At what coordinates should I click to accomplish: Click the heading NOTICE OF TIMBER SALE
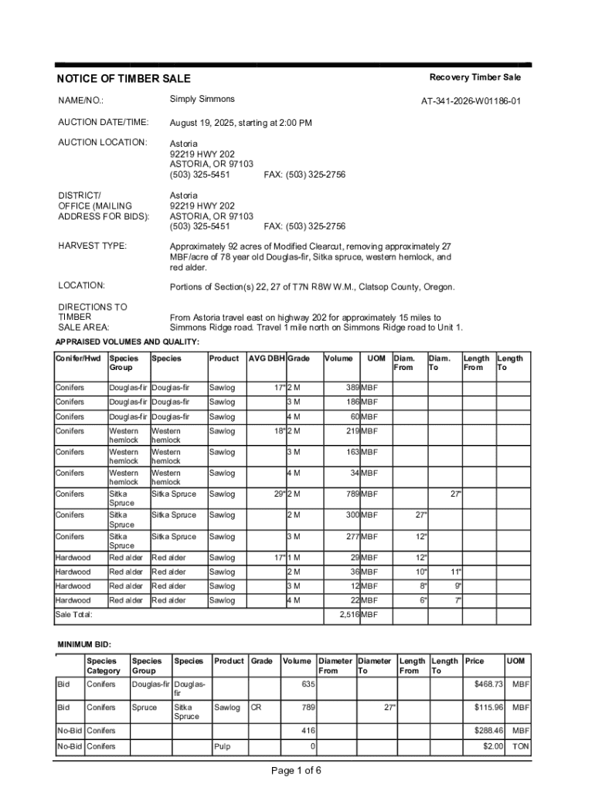coord(124,79)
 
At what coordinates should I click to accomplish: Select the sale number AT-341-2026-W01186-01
coord(471,101)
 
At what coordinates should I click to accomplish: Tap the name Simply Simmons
coord(202,100)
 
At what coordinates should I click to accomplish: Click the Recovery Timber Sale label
coord(475,77)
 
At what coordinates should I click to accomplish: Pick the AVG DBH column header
coord(267,358)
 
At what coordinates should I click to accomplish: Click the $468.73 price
coord(488,684)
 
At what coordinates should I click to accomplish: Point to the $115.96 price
coord(488,708)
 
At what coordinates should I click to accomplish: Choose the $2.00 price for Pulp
coord(493,747)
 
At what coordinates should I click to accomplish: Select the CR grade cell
coord(254,708)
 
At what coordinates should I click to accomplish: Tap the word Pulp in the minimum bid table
coord(222,747)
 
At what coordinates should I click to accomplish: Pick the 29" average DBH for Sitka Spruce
coord(279,494)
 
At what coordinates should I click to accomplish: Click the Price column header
coord(474,661)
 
